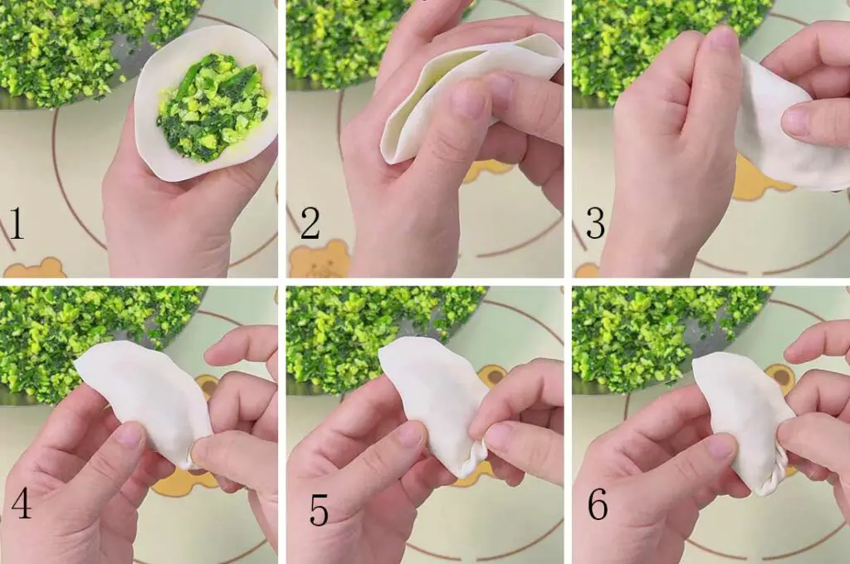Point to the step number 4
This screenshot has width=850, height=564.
click(20, 505)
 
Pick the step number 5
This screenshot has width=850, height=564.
click(319, 510)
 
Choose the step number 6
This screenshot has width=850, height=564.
click(598, 505)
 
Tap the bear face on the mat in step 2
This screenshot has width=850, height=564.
click(319, 259)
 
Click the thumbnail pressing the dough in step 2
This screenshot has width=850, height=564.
click(469, 100)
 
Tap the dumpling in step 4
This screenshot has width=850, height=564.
click(145, 398)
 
